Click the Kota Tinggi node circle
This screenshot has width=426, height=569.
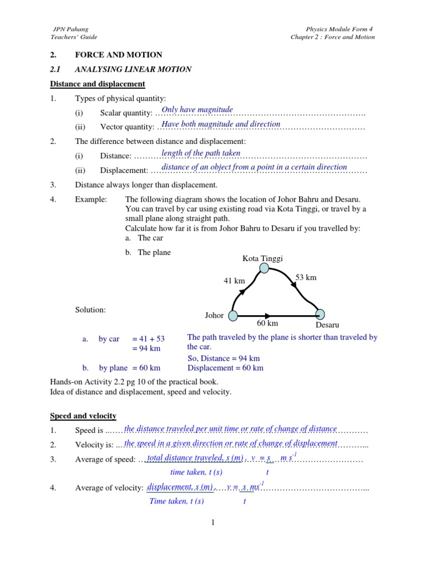click(x=265, y=268)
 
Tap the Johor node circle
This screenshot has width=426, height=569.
click(x=233, y=316)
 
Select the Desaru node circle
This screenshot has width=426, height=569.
click(x=320, y=315)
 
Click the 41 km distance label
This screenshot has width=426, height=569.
click(x=234, y=281)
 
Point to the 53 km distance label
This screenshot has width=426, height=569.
click(x=306, y=277)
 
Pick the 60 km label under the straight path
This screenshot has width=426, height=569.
click(x=267, y=323)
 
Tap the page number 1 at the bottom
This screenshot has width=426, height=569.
click(x=212, y=522)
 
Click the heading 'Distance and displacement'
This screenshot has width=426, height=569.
click(x=98, y=84)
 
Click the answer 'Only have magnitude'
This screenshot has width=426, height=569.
click(x=197, y=109)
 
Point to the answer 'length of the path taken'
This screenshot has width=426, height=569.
click(x=201, y=153)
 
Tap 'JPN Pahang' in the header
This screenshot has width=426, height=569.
click(x=70, y=28)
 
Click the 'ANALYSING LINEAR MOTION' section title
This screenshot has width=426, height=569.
click(x=133, y=69)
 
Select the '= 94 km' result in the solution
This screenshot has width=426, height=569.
click(x=146, y=348)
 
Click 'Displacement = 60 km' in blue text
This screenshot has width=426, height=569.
click(x=225, y=368)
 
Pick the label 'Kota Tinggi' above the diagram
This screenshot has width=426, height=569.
click(x=263, y=258)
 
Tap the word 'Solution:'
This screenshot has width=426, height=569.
click(x=90, y=310)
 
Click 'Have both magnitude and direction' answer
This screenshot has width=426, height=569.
click(x=221, y=124)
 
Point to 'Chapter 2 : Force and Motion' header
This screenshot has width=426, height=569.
click(x=333, y=37)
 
